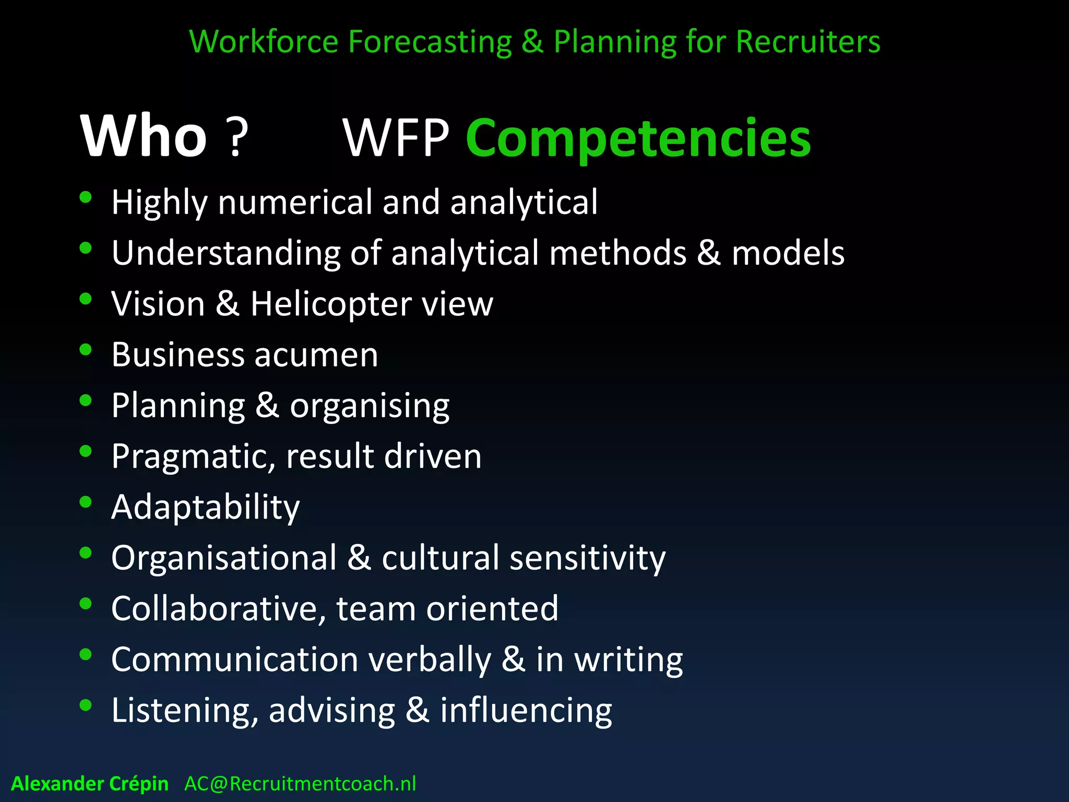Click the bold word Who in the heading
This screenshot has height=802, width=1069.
point(144,137)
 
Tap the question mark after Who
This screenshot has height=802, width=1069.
point(236,138)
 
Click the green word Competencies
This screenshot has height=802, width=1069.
point(638,138)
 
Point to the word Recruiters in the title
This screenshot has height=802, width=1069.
point(807,42)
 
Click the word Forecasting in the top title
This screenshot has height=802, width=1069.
point(430,42)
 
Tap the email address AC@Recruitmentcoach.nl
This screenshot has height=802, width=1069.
point(300,784)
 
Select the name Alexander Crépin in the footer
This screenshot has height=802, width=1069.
point(90,784)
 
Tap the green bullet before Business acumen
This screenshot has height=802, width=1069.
point(86,349)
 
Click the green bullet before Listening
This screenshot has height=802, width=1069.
point(86,705)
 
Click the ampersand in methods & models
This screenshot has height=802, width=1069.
point(708,253)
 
